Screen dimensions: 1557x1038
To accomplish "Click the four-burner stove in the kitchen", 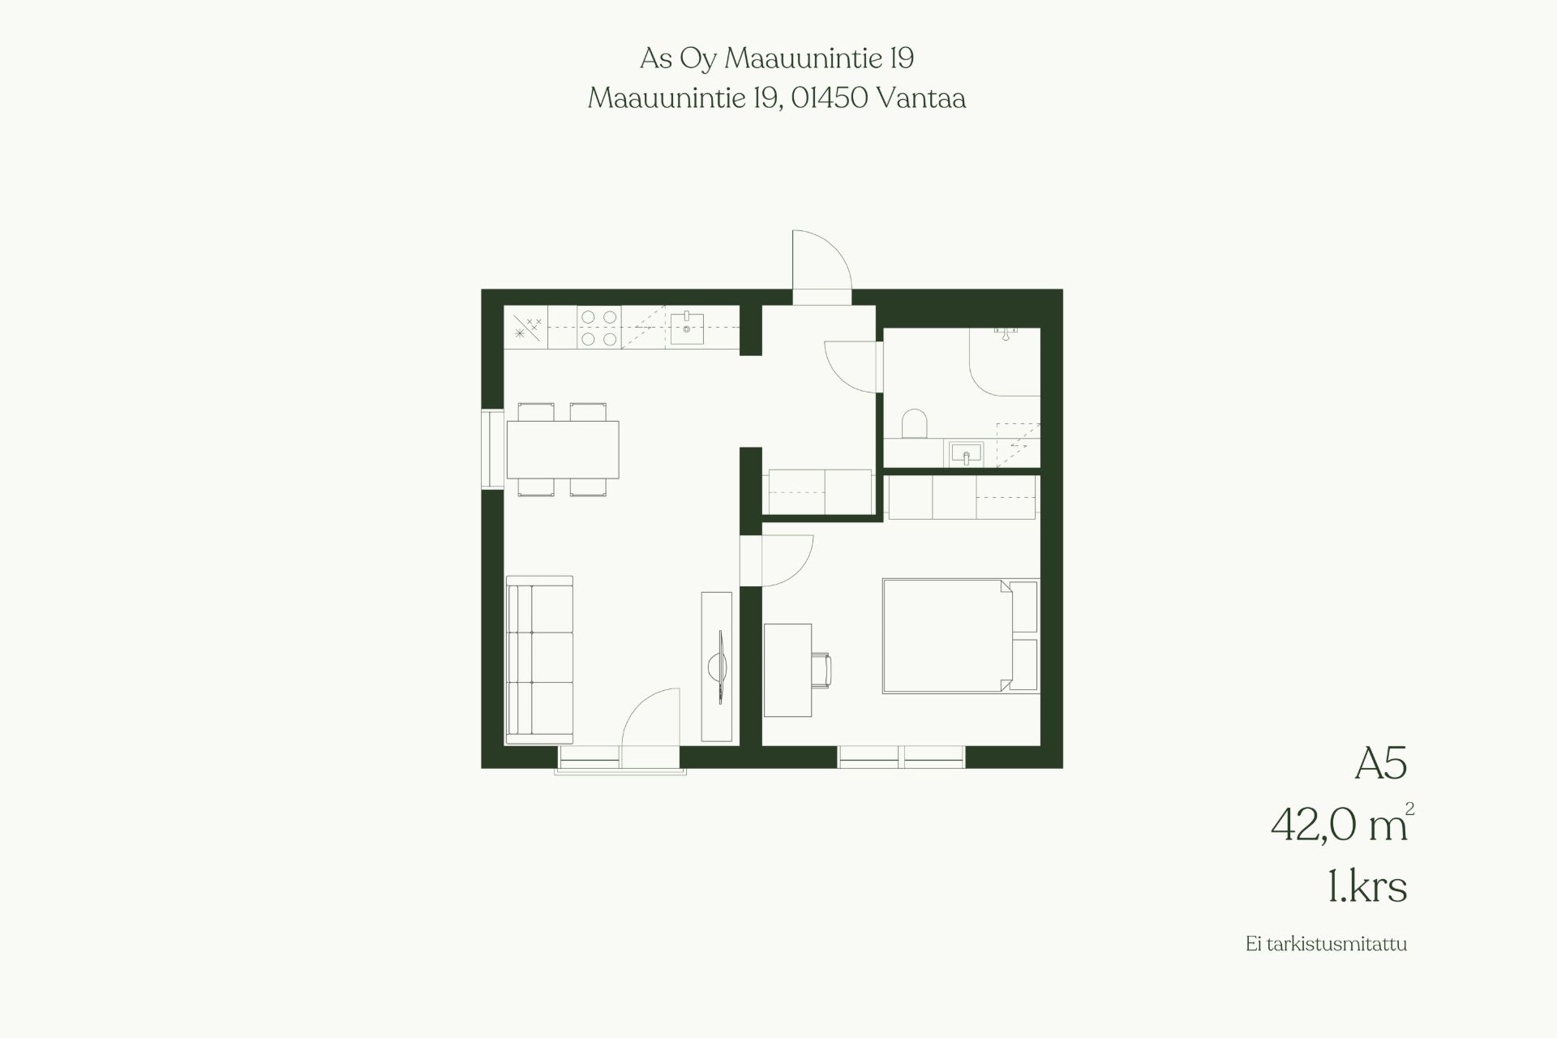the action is click(599, 327).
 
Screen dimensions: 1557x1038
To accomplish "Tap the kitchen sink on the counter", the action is click(687, 327).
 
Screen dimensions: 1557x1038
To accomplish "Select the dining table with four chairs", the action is click(563, 449).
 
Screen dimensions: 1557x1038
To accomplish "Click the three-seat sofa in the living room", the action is click(539, 659).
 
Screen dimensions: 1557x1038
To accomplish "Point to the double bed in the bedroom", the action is click(947, 636).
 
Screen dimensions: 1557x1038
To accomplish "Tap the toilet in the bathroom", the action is click(914, 425).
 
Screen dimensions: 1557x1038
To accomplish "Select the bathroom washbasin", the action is click(965, 453).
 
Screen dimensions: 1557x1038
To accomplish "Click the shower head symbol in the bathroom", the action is click(1006, 333).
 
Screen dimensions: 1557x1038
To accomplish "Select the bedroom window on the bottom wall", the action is click(902, 757).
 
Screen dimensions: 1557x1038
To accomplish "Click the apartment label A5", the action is click(1380, 764).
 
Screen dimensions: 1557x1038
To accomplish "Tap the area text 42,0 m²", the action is click(1342, 825).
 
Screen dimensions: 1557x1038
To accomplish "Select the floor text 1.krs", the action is click(1367, 887).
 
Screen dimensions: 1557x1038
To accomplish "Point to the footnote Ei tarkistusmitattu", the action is click(1327, 967).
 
